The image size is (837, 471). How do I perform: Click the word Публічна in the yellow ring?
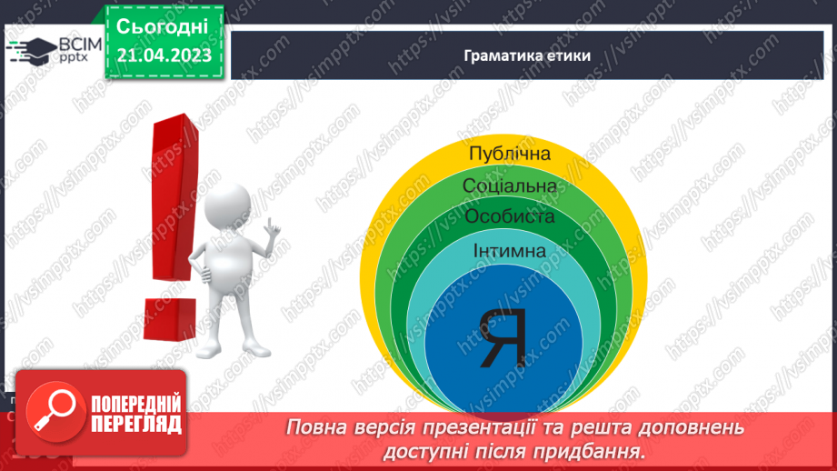[x=509, y=154]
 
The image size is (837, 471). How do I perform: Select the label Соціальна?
[x=509, y=186]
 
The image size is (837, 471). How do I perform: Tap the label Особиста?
[x=509, y=216]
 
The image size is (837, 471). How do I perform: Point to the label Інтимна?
[x=509, y=250]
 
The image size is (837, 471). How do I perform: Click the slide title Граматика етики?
[x=527, y=55]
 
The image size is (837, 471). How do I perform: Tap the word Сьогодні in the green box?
[x=164, y=26]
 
